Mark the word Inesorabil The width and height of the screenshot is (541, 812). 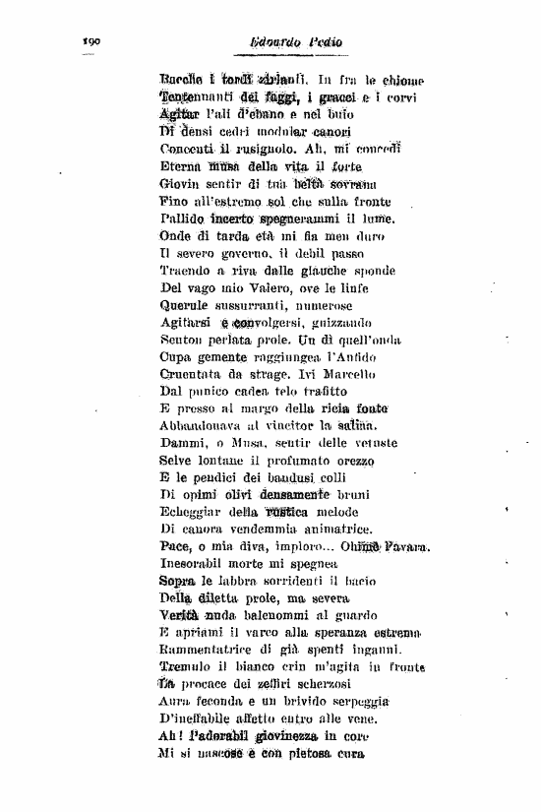point(196,564)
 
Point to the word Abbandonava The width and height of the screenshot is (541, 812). point(203,425)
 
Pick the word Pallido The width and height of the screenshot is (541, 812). point(183,217)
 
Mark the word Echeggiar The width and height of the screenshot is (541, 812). point(193,512)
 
